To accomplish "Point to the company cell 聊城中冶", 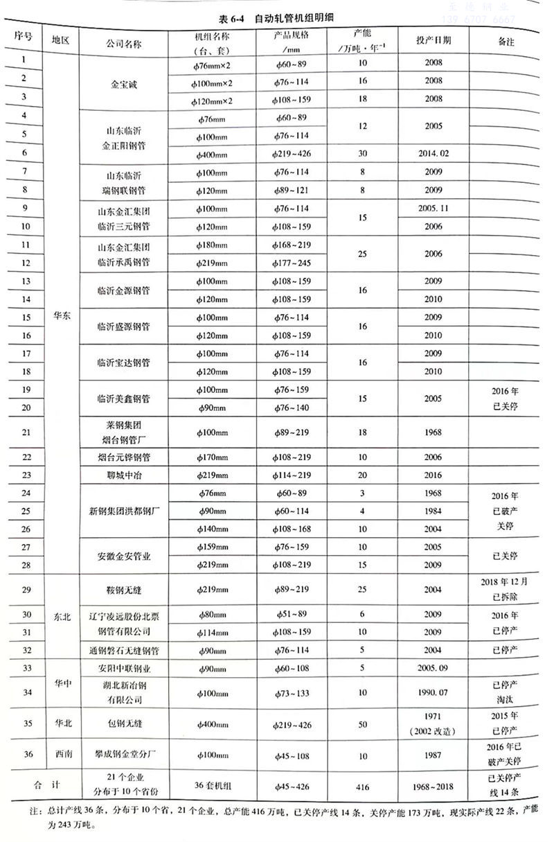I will coord(124,475).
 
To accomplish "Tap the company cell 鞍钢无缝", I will coord(124,589).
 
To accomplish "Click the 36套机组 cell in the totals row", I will coord(211,788).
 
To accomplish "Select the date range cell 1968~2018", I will coord(434,788).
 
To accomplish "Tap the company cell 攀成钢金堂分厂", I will coord(124,755).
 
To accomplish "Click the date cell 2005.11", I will coord(434,208).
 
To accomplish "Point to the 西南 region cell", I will coord(61,755).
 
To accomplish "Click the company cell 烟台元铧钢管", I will coord(124,457).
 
